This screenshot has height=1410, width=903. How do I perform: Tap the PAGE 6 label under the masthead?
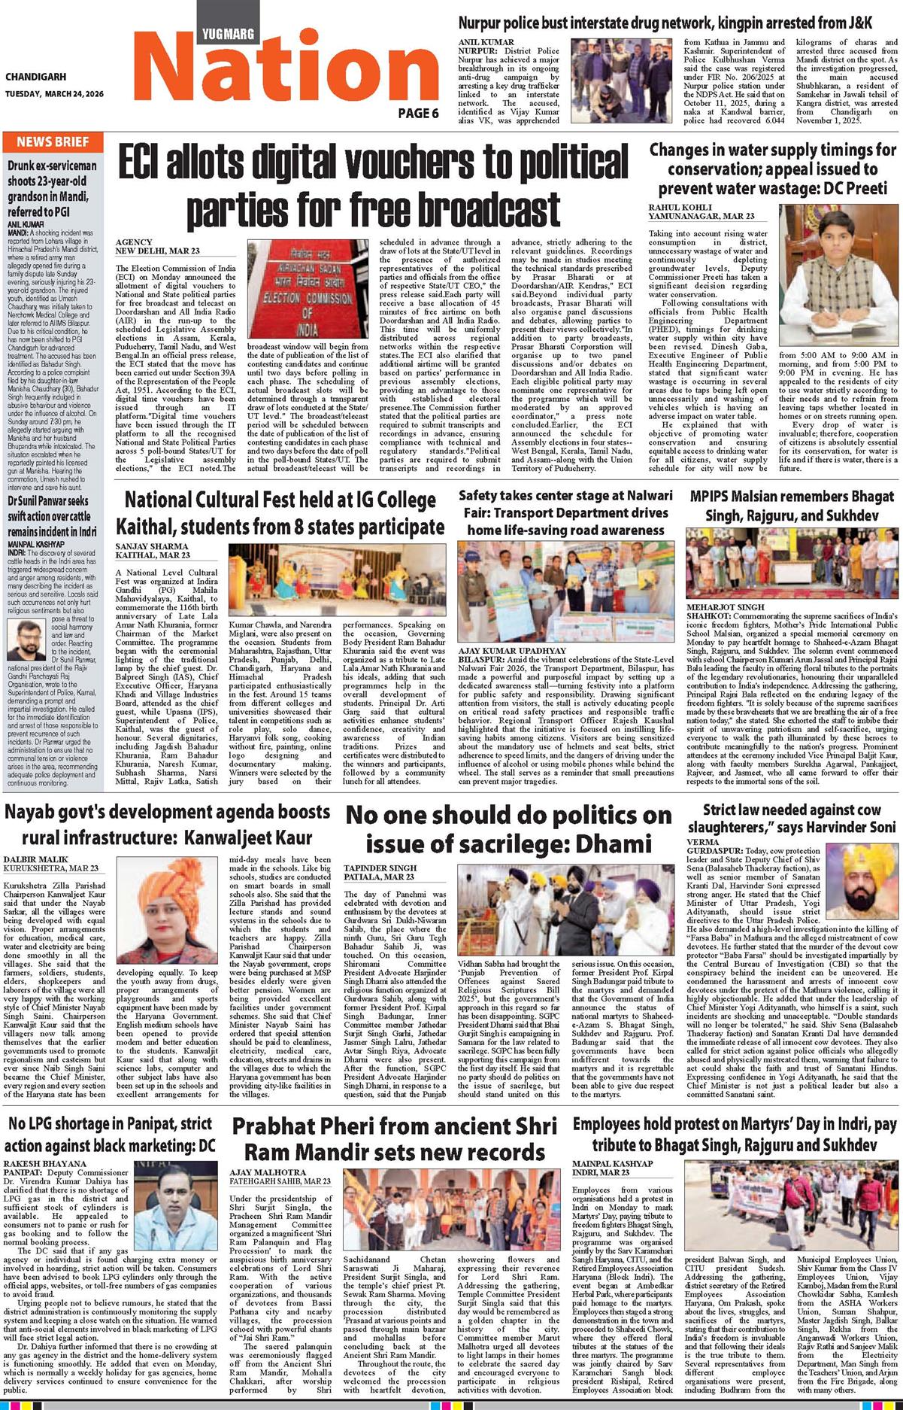[x=418, y=114]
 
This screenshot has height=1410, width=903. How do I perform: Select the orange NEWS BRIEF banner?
[x=53, y=142]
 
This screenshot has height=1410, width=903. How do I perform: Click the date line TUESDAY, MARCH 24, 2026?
[x=54, y=94]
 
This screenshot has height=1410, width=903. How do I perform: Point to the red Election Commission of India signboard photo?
[x=307, y=289]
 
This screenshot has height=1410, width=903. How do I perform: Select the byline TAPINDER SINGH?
[x=377, y=868]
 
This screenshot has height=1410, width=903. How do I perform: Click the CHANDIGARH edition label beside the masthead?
[x=35, y=77]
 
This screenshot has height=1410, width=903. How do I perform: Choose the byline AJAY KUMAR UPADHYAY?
[x=512, y=650]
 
